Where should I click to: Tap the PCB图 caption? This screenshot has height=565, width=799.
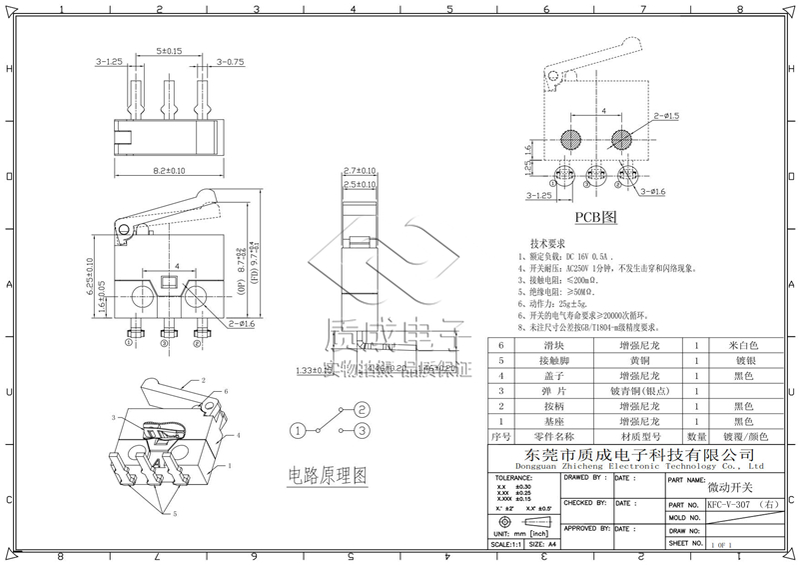(x=597, y=217)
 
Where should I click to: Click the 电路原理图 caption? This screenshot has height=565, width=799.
(x=326, y=474)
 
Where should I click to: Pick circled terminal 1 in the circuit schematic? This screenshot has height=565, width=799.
(x=298, y=430)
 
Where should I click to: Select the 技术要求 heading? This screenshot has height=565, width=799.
(x=548, y=244)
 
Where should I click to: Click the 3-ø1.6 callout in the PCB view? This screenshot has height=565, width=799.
(x=653, y=191)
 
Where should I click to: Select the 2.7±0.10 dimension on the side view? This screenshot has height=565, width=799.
(x=358, y=171)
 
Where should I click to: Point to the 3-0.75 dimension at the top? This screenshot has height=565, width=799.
(x=229, y=62)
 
